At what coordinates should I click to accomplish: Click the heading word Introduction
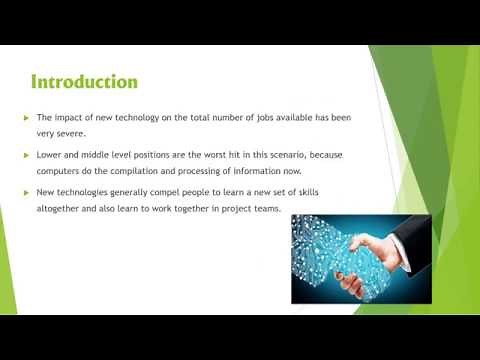tap(84, 81)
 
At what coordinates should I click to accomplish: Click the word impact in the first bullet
tap(76, 118)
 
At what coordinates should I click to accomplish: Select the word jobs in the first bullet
tap(270, 118)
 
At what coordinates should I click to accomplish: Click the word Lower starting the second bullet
tap(49, 155)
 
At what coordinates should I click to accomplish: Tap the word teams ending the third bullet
tap(267, 208)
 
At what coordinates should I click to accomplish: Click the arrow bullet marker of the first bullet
tap(27, 118)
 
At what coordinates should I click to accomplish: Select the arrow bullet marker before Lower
tap(27, 155)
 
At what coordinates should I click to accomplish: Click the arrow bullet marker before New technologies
tap(27, 192)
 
